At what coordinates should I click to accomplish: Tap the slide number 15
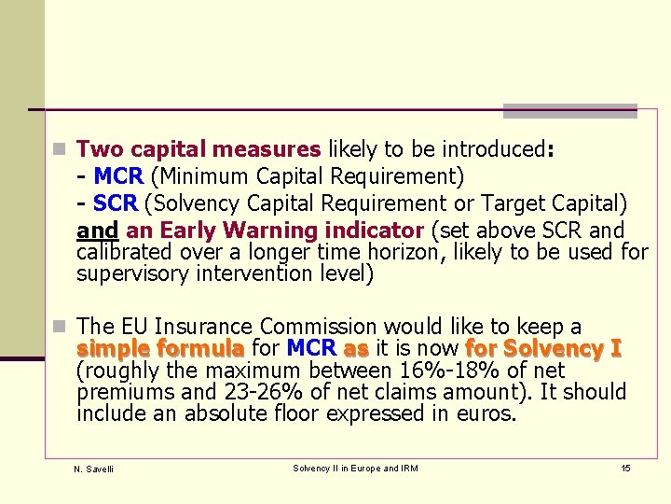[x=625, y=468]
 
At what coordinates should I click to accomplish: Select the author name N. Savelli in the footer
[x=93, y=469]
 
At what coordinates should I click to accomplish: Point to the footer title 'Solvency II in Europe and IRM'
[x=355, y=468]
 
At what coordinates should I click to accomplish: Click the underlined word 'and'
[x=98, y=230]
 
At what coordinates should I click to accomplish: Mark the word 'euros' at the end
[x=486, y=413]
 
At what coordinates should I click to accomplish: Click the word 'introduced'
[x=493, y=149]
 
